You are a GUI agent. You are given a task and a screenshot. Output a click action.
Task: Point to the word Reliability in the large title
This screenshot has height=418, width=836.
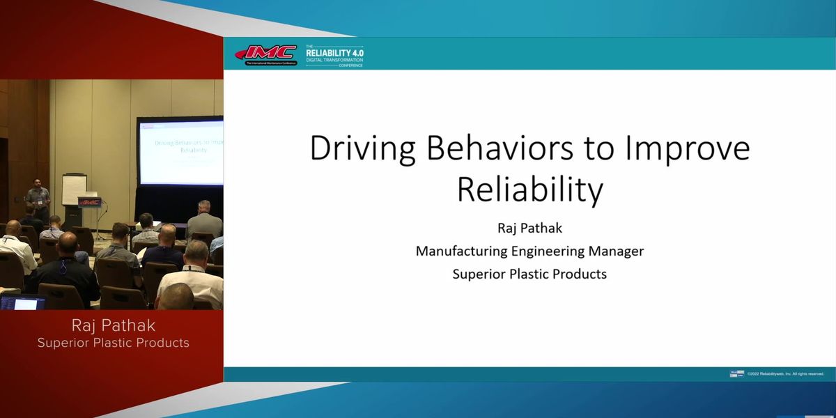[529, 191]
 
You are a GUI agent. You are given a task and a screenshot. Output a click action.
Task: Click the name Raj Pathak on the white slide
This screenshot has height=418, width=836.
[529, 227]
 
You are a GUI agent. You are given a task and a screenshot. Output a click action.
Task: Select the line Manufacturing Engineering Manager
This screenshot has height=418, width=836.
[529, 251]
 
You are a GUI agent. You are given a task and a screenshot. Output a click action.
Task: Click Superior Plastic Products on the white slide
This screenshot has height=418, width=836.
[529, 274]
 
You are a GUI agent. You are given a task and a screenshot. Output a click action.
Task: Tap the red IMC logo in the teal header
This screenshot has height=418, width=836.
[267, 54]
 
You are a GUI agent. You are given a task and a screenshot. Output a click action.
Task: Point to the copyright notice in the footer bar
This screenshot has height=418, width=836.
[785, 374]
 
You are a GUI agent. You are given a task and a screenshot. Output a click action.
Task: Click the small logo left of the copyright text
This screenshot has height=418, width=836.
[736, 374]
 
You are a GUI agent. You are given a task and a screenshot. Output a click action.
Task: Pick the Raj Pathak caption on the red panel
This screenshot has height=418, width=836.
[113, 326]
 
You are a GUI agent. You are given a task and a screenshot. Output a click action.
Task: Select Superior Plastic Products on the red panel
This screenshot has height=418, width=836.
[113, 343]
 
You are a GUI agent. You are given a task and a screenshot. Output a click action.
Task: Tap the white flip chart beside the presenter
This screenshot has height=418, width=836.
[74, 189]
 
